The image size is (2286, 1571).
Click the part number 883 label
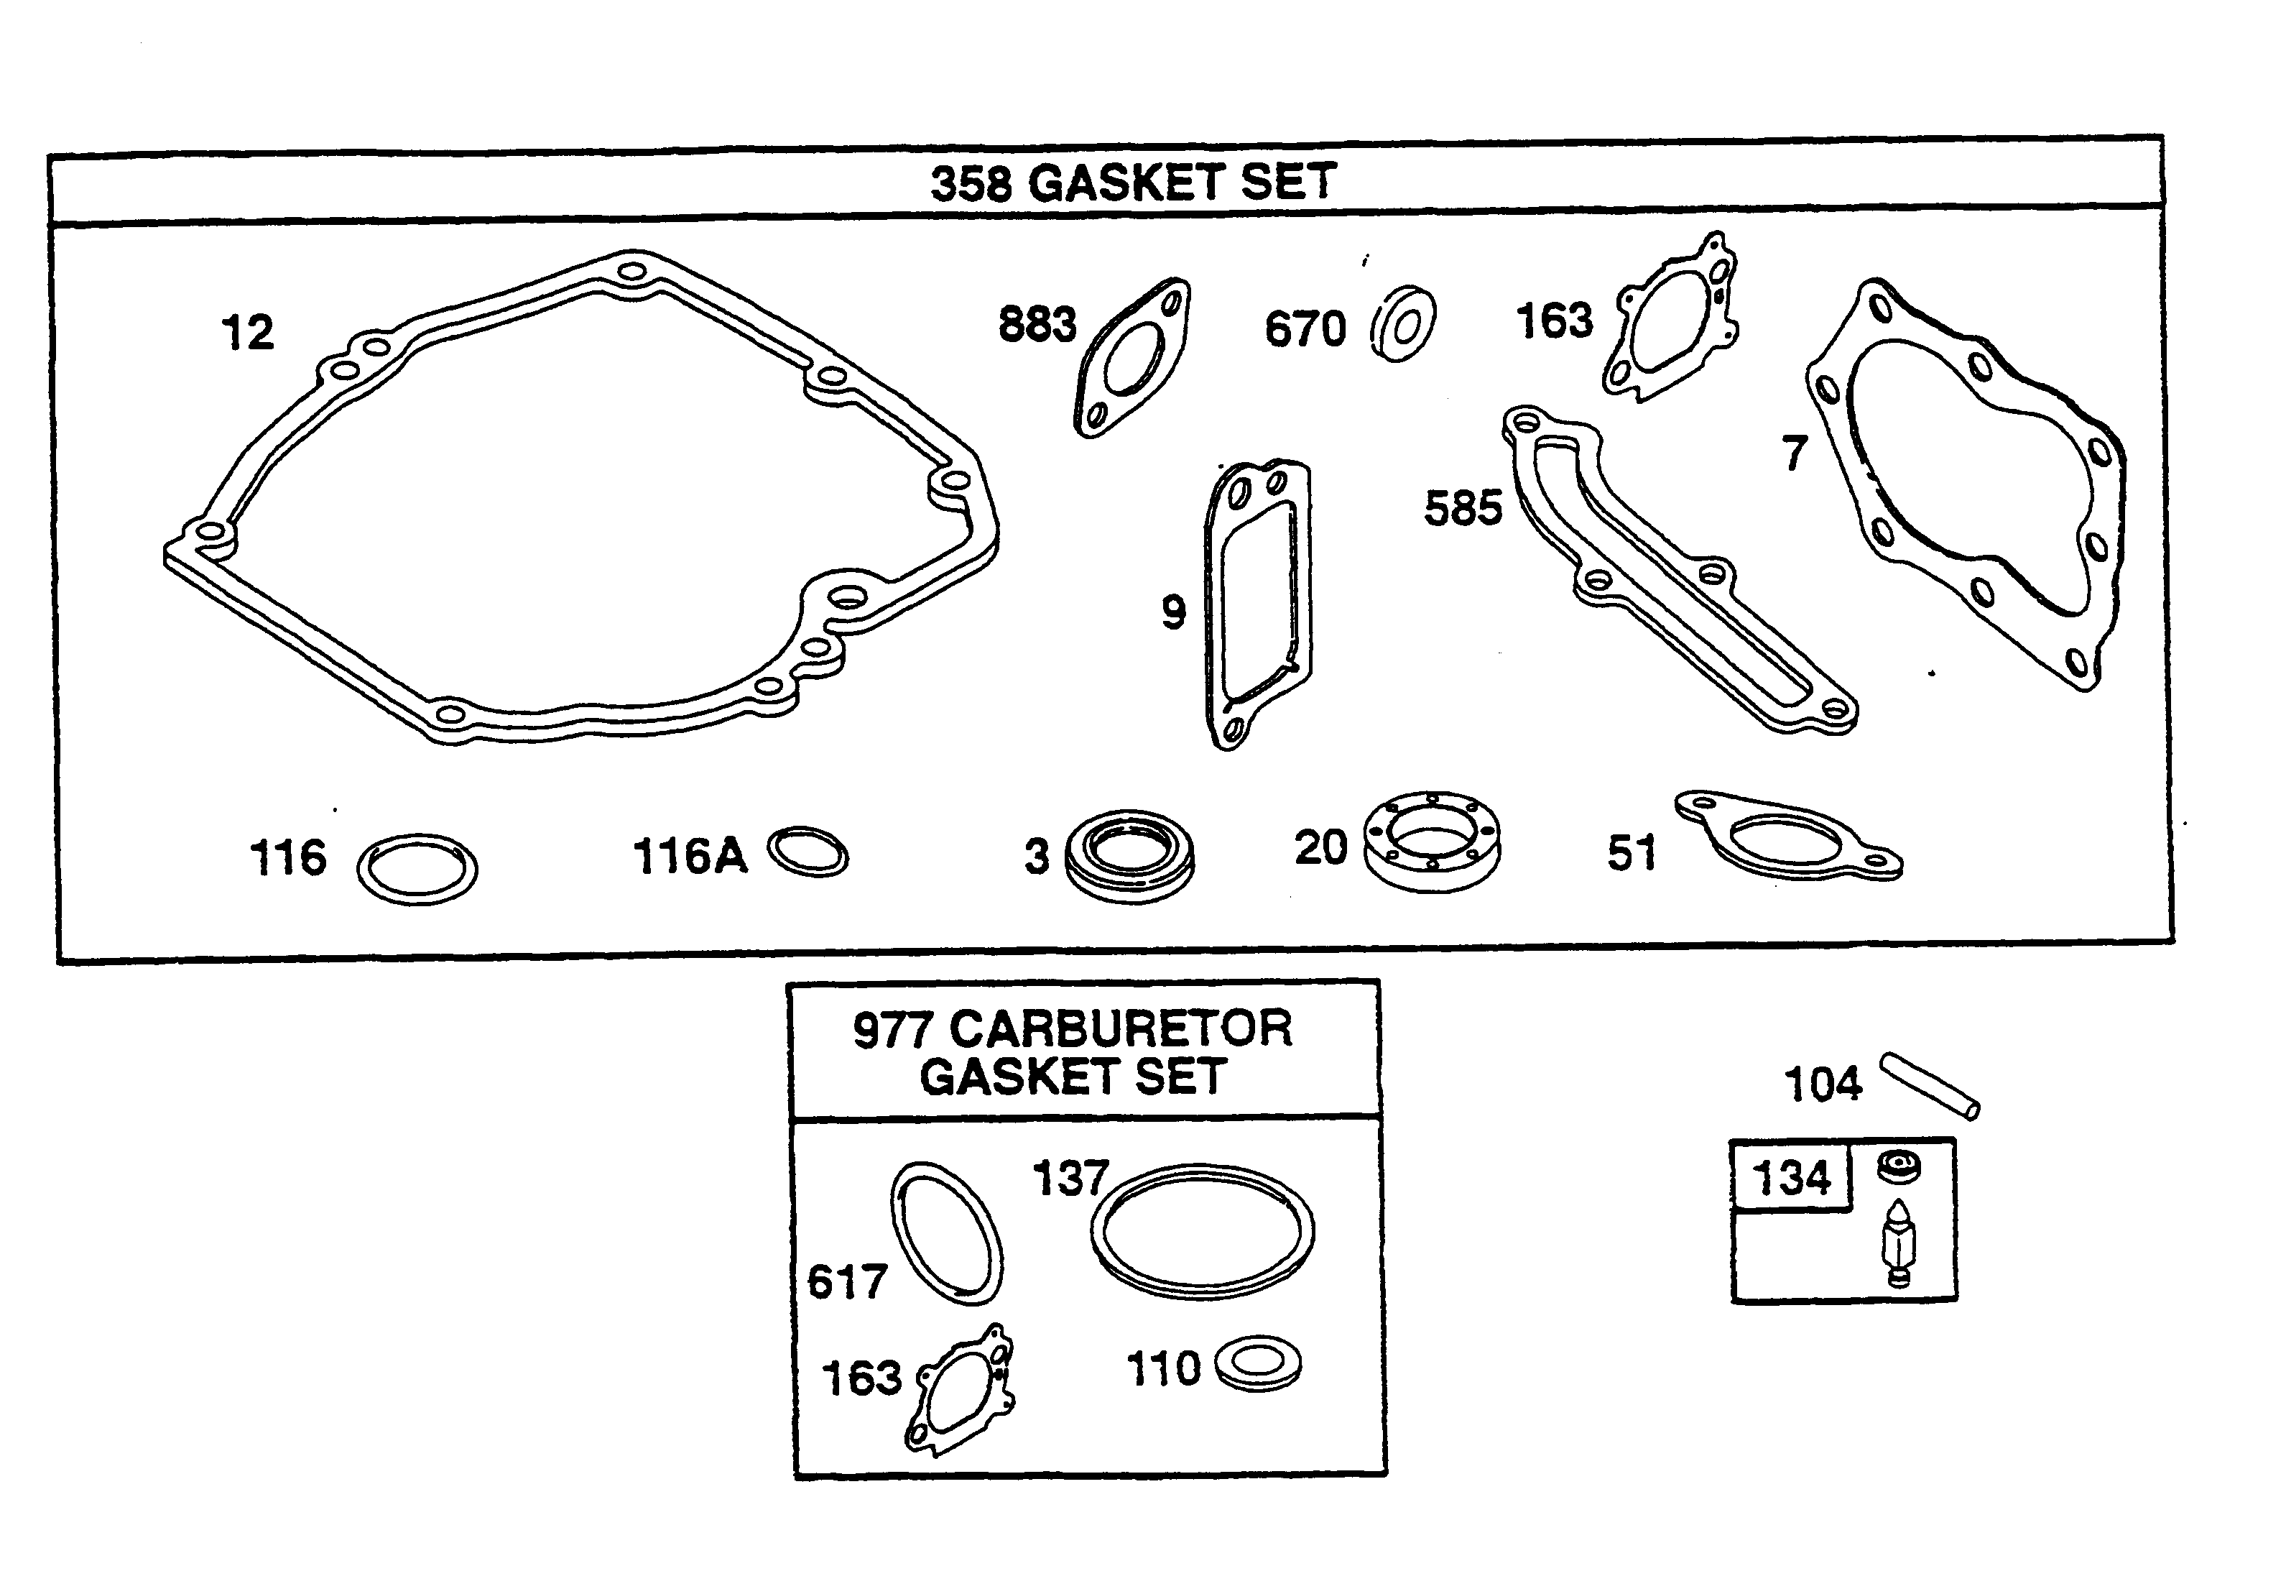[1037, 324]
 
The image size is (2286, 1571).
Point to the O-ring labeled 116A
[808, 852]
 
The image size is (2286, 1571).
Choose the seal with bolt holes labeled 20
[1433, 842]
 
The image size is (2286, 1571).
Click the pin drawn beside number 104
[1930, 1086]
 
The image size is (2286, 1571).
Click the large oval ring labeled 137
[1202, 1231]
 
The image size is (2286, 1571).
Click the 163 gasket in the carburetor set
[961, 1389]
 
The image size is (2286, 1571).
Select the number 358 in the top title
[971, 184]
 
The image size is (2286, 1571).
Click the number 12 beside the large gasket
[247, 333]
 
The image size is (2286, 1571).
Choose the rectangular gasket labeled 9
[1258, 602]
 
